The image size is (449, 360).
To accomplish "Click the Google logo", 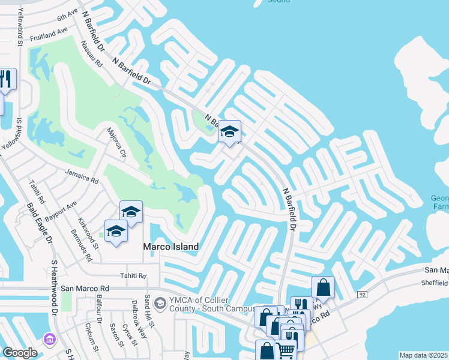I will (20, 352).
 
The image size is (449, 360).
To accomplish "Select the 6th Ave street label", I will (68, 15).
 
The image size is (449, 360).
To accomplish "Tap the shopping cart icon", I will (286, 349).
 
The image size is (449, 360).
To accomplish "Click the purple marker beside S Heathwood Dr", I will (49, 339).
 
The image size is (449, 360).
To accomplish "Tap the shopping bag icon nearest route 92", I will (323, 287).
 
